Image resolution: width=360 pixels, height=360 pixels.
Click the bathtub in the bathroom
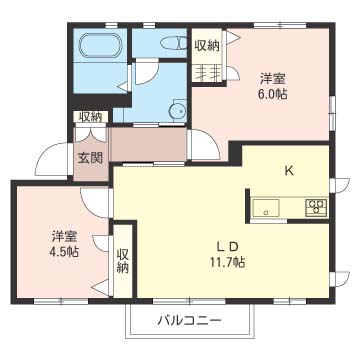[99, 46]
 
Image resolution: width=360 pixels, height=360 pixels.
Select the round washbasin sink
[176, 111]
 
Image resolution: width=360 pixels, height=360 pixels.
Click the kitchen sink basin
[265, 207]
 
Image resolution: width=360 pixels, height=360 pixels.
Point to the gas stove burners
[315, 207]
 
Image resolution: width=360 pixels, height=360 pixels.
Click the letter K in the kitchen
[288, 170]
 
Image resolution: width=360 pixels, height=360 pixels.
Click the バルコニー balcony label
[189, 293]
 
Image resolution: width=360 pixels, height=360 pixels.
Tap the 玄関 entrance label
[88, 157]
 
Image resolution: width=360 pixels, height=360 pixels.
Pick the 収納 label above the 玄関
[89, 117]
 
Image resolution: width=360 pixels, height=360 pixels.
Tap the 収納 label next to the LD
[123, 247]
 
